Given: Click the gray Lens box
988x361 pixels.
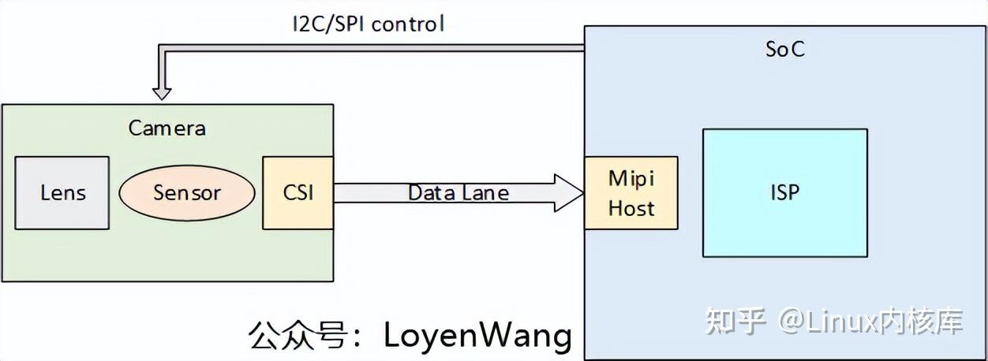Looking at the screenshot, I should tap(62, 192).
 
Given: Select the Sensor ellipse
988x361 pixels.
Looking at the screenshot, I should tap(187, 192).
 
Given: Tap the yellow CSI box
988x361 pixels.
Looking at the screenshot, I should tap(298, 192).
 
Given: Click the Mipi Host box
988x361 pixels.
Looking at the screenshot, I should tap(631, 192).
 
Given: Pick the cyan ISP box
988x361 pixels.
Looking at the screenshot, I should tap(784, 192).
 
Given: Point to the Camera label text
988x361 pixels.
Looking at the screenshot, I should tap(167, 128).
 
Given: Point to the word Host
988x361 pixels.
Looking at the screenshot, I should tap(631, 208).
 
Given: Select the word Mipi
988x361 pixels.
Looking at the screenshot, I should tap(631, 177).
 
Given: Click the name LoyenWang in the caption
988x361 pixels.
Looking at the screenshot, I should tap(477, 335).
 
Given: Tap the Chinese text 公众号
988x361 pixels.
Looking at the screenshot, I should tap(298, 335).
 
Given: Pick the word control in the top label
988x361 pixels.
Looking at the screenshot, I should tap(407, 24).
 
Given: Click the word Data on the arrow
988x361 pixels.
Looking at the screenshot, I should tap(429, 192).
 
